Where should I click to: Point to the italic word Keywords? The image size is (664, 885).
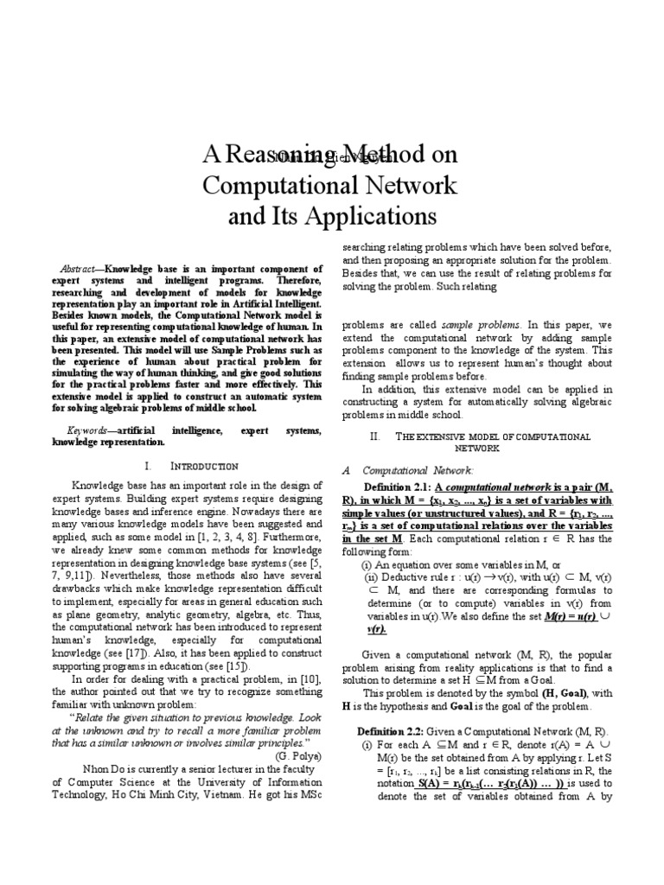coord(87,430)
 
